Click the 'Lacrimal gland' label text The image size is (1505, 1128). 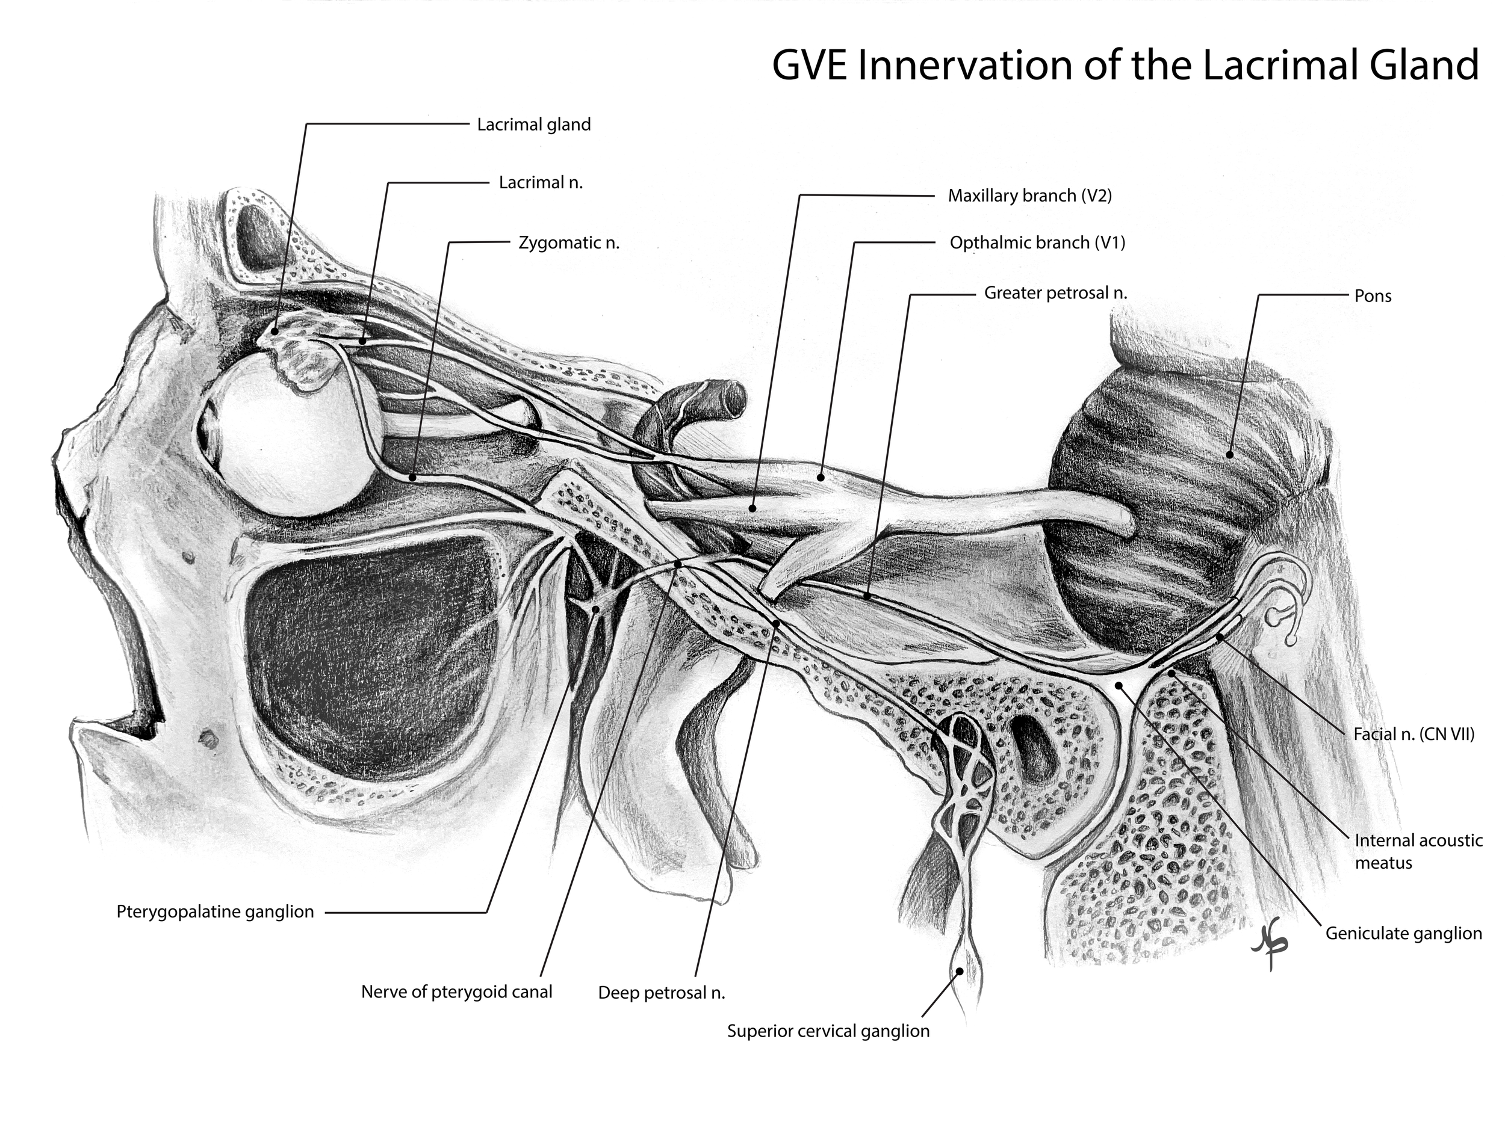click(533, 125)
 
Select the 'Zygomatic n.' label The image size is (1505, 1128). click(569, 242)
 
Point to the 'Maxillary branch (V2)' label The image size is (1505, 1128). click(1029, 196)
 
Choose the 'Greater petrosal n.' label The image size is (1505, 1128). click(1055, 293)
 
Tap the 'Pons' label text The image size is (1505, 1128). click(1373, 296)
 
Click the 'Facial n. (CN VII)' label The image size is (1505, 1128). click(1413, 735)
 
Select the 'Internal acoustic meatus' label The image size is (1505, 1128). click(1417, 851)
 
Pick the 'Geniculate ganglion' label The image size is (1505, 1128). click(1403, 933)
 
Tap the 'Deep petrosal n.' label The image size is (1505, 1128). click(662, 993)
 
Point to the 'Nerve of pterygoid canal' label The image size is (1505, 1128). click(456, 992)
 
